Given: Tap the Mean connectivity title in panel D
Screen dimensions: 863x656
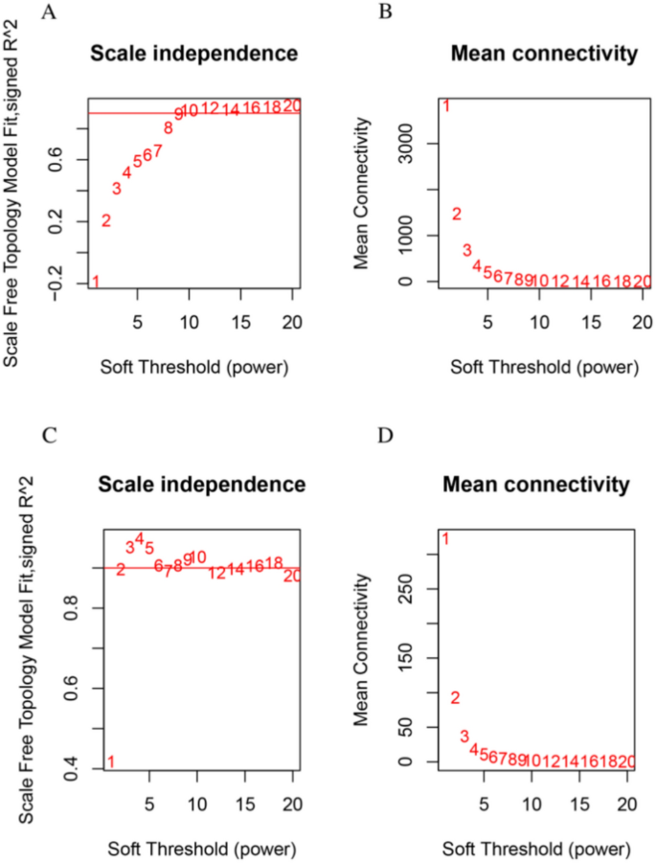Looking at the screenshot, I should (x=536, y=486).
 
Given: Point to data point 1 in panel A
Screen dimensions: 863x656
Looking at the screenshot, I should (x=96, y=281).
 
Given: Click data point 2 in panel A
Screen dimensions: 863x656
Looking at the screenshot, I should (x=106, y=220).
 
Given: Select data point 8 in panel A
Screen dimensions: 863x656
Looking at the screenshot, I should (x=168, y=127).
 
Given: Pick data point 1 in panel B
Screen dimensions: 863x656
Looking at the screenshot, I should (x=446, y=105).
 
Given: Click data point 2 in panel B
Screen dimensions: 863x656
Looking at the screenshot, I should (x=457, y=214).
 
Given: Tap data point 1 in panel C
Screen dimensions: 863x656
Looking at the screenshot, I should (x=110, y=762).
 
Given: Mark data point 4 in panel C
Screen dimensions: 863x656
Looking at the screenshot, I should (x=139, y=539).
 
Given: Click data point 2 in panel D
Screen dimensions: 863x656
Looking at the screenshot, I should (x=455, y=698).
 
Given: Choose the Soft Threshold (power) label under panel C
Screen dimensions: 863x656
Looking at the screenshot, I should (x=201, y=848).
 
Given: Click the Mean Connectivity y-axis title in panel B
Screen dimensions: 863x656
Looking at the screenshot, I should (x=362, y=192).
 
